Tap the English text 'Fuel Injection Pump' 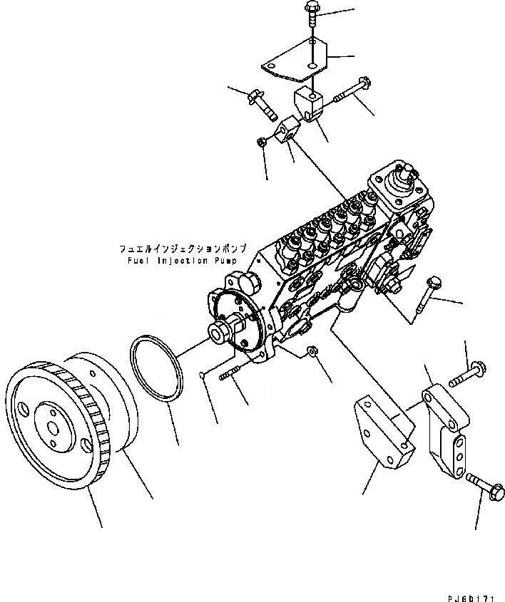click(183, 261)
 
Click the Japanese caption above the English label click(183, 249)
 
